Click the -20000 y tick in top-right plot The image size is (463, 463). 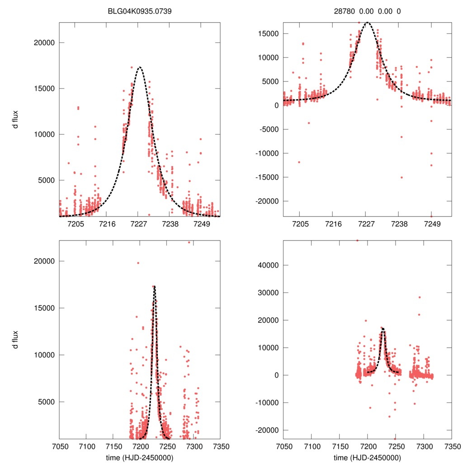[x=267, y=201]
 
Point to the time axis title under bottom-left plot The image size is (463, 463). [x=140, y=457]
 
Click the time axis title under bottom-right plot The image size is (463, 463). [x=367, y=457]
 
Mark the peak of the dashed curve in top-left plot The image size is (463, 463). [x=139, y=67]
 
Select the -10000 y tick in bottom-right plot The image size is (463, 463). [x=267, y=402]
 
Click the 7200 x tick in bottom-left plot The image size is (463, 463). [x=140, y=446]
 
